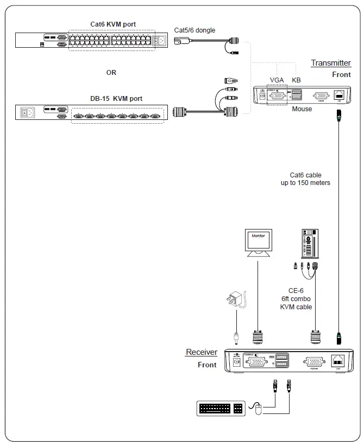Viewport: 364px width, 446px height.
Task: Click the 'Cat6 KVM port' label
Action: click(113, 24)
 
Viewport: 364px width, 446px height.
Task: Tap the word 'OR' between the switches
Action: click(111, 72)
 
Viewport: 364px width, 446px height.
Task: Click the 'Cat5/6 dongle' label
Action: click(194, 30)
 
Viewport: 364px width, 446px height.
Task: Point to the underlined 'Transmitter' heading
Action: click(331, 63)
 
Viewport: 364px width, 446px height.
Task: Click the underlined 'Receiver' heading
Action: click(202, 352)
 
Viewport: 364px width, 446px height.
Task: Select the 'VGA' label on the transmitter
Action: click(277, 80)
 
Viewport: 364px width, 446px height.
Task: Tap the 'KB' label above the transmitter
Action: click(296, 80)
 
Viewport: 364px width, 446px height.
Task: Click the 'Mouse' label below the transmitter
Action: click(302, 109)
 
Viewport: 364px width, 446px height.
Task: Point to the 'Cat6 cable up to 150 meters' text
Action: click(305, 179)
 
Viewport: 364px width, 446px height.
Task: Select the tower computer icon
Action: click(308, 243)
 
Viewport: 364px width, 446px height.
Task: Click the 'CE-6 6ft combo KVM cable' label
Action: click(296, 298)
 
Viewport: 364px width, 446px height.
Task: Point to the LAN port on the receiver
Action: click(336, 360)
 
